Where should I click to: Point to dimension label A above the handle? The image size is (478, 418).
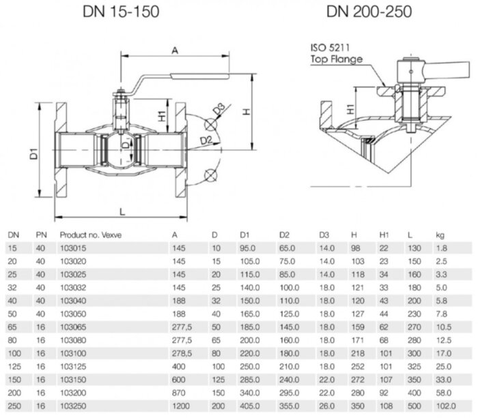pos(175,50)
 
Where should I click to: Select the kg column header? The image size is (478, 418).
pos(440,236)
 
